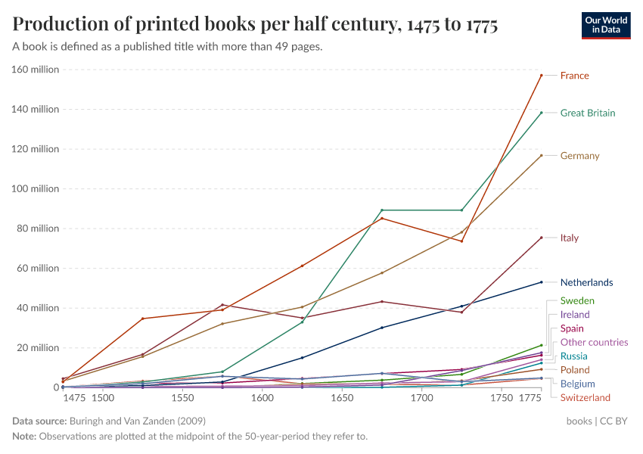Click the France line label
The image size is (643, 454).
[x=574, y=76]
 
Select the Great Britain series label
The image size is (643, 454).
[x=587, y=113]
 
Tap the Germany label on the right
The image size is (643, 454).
[x=579, y=156]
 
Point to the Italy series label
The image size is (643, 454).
[x=569, y=238]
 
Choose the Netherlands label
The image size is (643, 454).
[x=586, y=283]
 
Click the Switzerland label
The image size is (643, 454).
[x=585, y=398]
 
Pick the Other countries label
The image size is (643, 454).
[x=594, y=343]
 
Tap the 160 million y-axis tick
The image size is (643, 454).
[x=35, y=70]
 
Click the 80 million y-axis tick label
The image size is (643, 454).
[x=37, y=229]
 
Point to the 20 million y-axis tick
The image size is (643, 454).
[x=37, y=348]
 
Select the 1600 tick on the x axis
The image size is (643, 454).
[x=262, y=398]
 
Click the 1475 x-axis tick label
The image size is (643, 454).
[x=75, y=398]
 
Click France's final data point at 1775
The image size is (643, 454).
[x=542, y=75]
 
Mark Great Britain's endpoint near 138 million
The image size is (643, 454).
[x=542, y=113]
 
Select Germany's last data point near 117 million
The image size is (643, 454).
[x=542, y=155]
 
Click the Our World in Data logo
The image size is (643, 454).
[x=605, y=25]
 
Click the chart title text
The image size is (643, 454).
[x=255, y=25]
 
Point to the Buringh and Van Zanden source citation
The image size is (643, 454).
[x=135, y=421]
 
